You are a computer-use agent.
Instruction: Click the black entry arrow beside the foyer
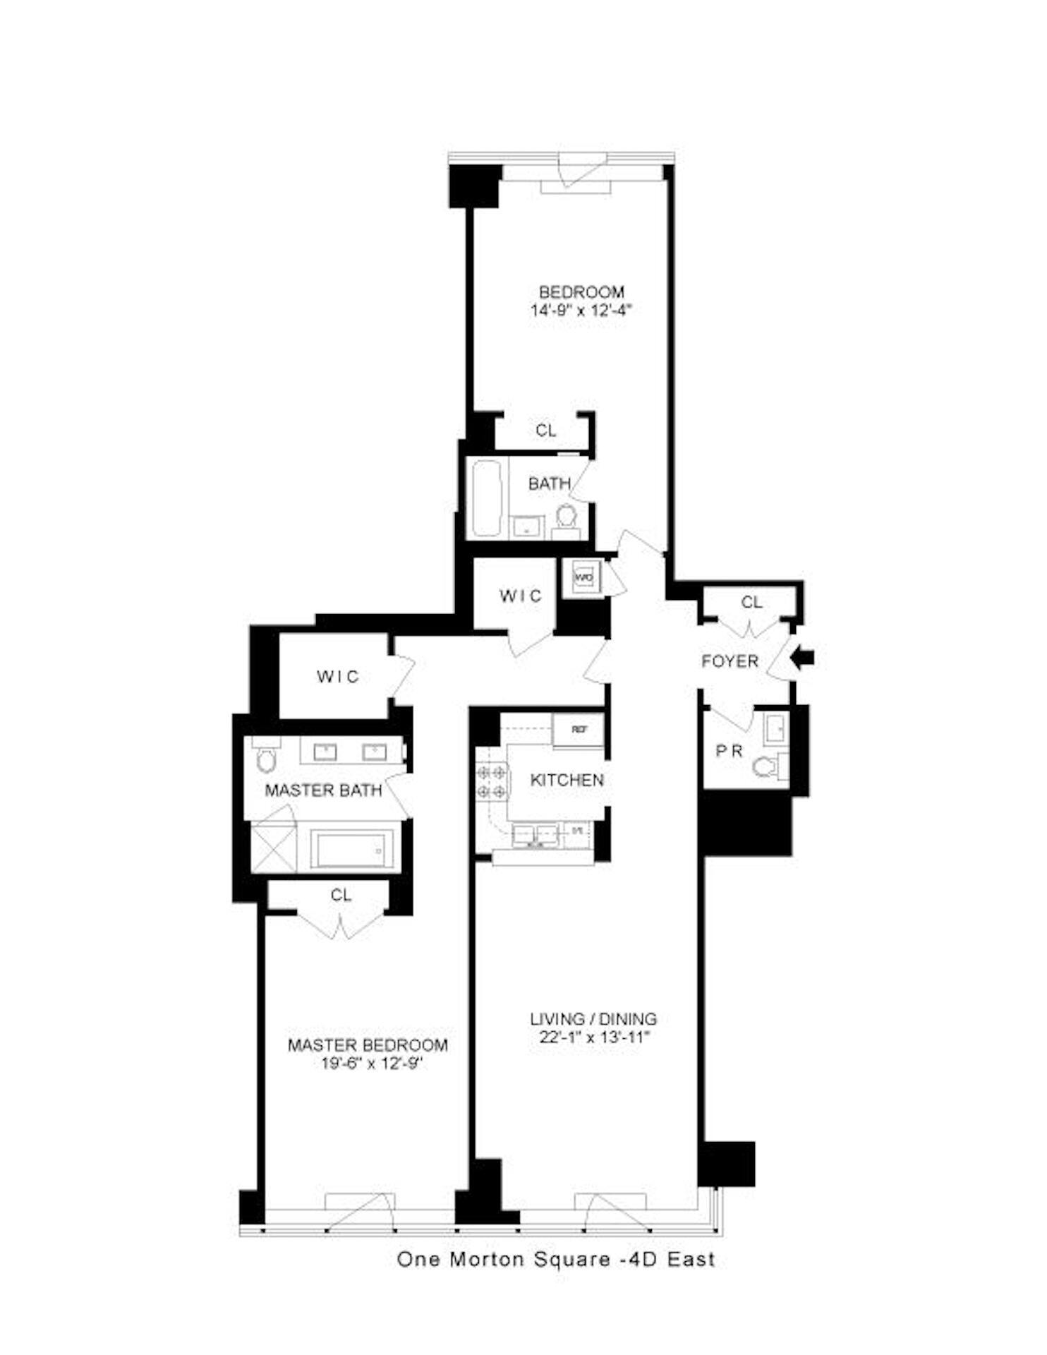tap(802, 658)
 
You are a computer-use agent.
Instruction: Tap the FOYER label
tap(730, 661)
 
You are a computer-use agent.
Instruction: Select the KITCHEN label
tap(567, 780)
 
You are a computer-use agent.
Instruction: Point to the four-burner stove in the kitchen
tap(492, 781)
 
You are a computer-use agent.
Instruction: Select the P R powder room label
tap(730, 751)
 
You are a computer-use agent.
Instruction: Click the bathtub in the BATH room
tap(486, 498)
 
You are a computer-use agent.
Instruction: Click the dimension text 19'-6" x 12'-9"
tap(368, 1064)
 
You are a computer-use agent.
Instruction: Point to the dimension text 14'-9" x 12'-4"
tap(581, 310)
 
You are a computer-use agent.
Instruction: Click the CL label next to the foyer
tap(751, 602)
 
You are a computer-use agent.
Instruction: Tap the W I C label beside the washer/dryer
tap(521, 596)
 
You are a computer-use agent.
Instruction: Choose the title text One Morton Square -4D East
tap(556, 1259)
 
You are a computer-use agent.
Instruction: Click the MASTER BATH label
tap(323, 790)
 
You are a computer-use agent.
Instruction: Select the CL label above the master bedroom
tap(341, 895)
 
